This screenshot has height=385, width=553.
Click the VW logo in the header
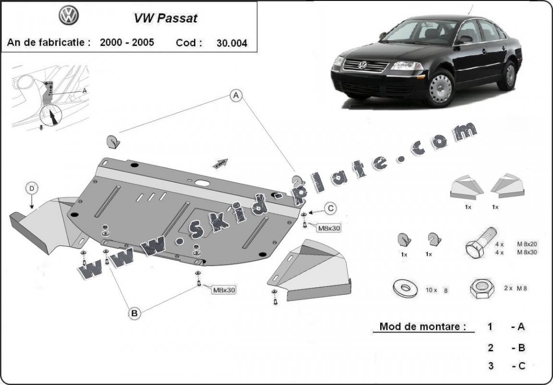[x=69, y=16]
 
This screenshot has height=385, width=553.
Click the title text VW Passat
[x=166, y=18]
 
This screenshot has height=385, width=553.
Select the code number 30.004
[x=232, y=43]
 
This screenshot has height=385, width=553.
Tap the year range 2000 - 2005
[x=127, y=42]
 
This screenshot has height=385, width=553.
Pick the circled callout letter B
[x=134, y=314]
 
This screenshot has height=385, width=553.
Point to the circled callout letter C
[x=330, y=209]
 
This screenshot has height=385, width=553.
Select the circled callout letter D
[x=32, y=189]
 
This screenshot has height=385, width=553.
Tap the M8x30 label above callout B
[x=224, y=290]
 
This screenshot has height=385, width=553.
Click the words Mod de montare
[x=423, y=327]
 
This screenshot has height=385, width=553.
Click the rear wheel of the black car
[x=509, y=75]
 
